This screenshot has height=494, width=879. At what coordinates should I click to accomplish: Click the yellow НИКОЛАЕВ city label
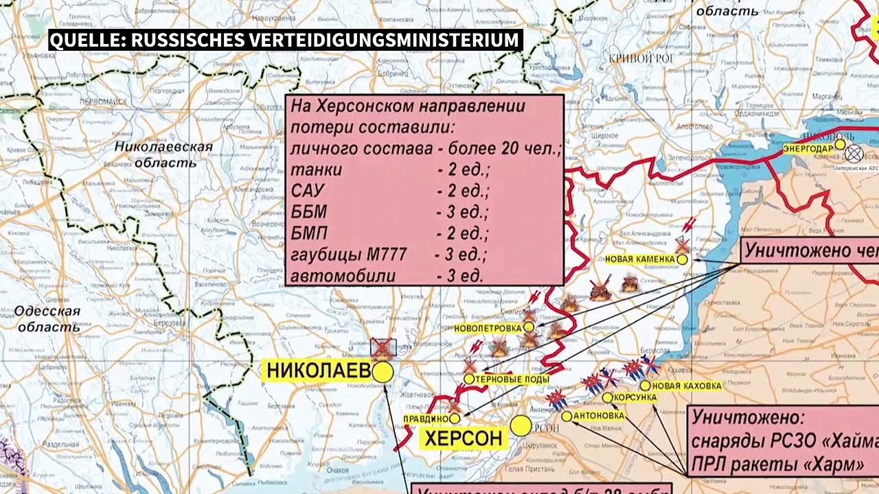(318, 370)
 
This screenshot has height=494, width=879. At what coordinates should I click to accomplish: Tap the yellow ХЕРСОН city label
(463, 438)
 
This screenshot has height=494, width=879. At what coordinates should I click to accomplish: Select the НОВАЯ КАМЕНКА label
(639, 259)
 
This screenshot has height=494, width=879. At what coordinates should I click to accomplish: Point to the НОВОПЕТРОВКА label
(488, 328)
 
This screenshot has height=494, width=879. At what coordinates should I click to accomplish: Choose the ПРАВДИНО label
(425, 419)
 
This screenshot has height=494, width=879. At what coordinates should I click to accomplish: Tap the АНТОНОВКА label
(599, 416)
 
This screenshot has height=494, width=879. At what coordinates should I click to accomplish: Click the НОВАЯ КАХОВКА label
(687, 386)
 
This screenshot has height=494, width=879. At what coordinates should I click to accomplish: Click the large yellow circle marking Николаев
(383, 373)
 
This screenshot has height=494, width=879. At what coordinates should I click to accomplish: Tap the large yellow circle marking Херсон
(521, 426)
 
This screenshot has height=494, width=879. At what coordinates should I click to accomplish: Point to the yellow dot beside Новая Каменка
(682, 259)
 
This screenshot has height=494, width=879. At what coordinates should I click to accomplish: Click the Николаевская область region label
(163, 154)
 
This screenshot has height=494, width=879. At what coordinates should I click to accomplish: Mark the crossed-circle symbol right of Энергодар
(854, 154)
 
